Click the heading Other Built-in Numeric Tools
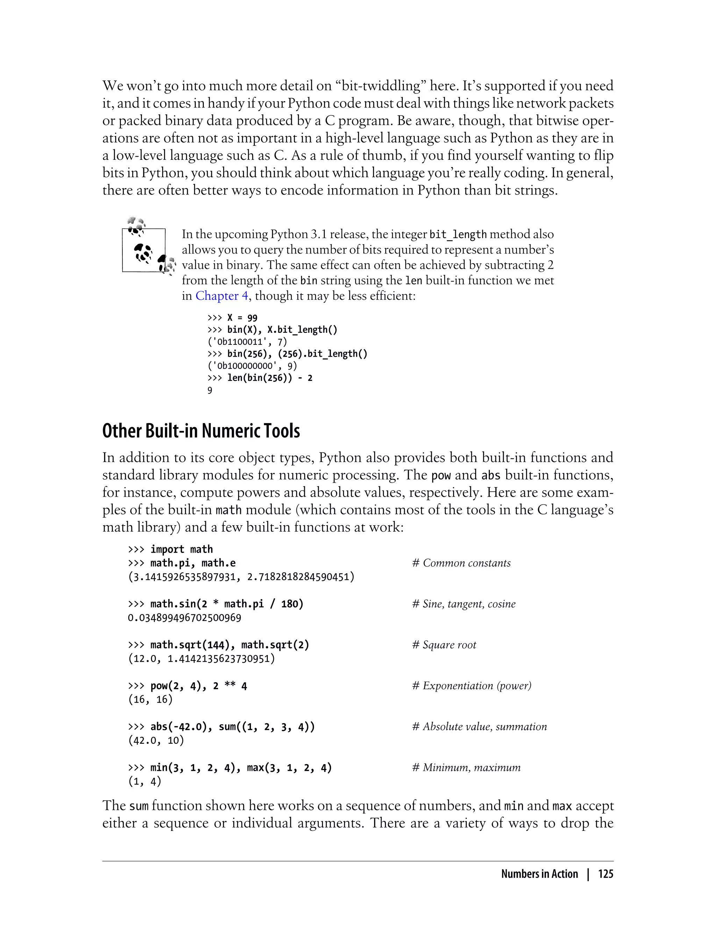(x=201, y=431)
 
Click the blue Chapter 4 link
(x=222, y=296)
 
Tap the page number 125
(x=605, y=874)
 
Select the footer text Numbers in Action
(x=539, y=874)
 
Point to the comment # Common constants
(x=461, y=563)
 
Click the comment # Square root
(x=444, y=645)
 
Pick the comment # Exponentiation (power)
(x=471, y=686)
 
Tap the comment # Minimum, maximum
(x=466, y=768)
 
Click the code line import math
(x=181, y=549)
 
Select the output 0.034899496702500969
(x=185, y=618)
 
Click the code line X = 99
(x=242, y=318)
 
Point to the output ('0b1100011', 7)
(x=247, y=342)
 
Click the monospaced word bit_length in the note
(x=458, y=234)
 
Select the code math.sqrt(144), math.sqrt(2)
(x=229, y=645)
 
